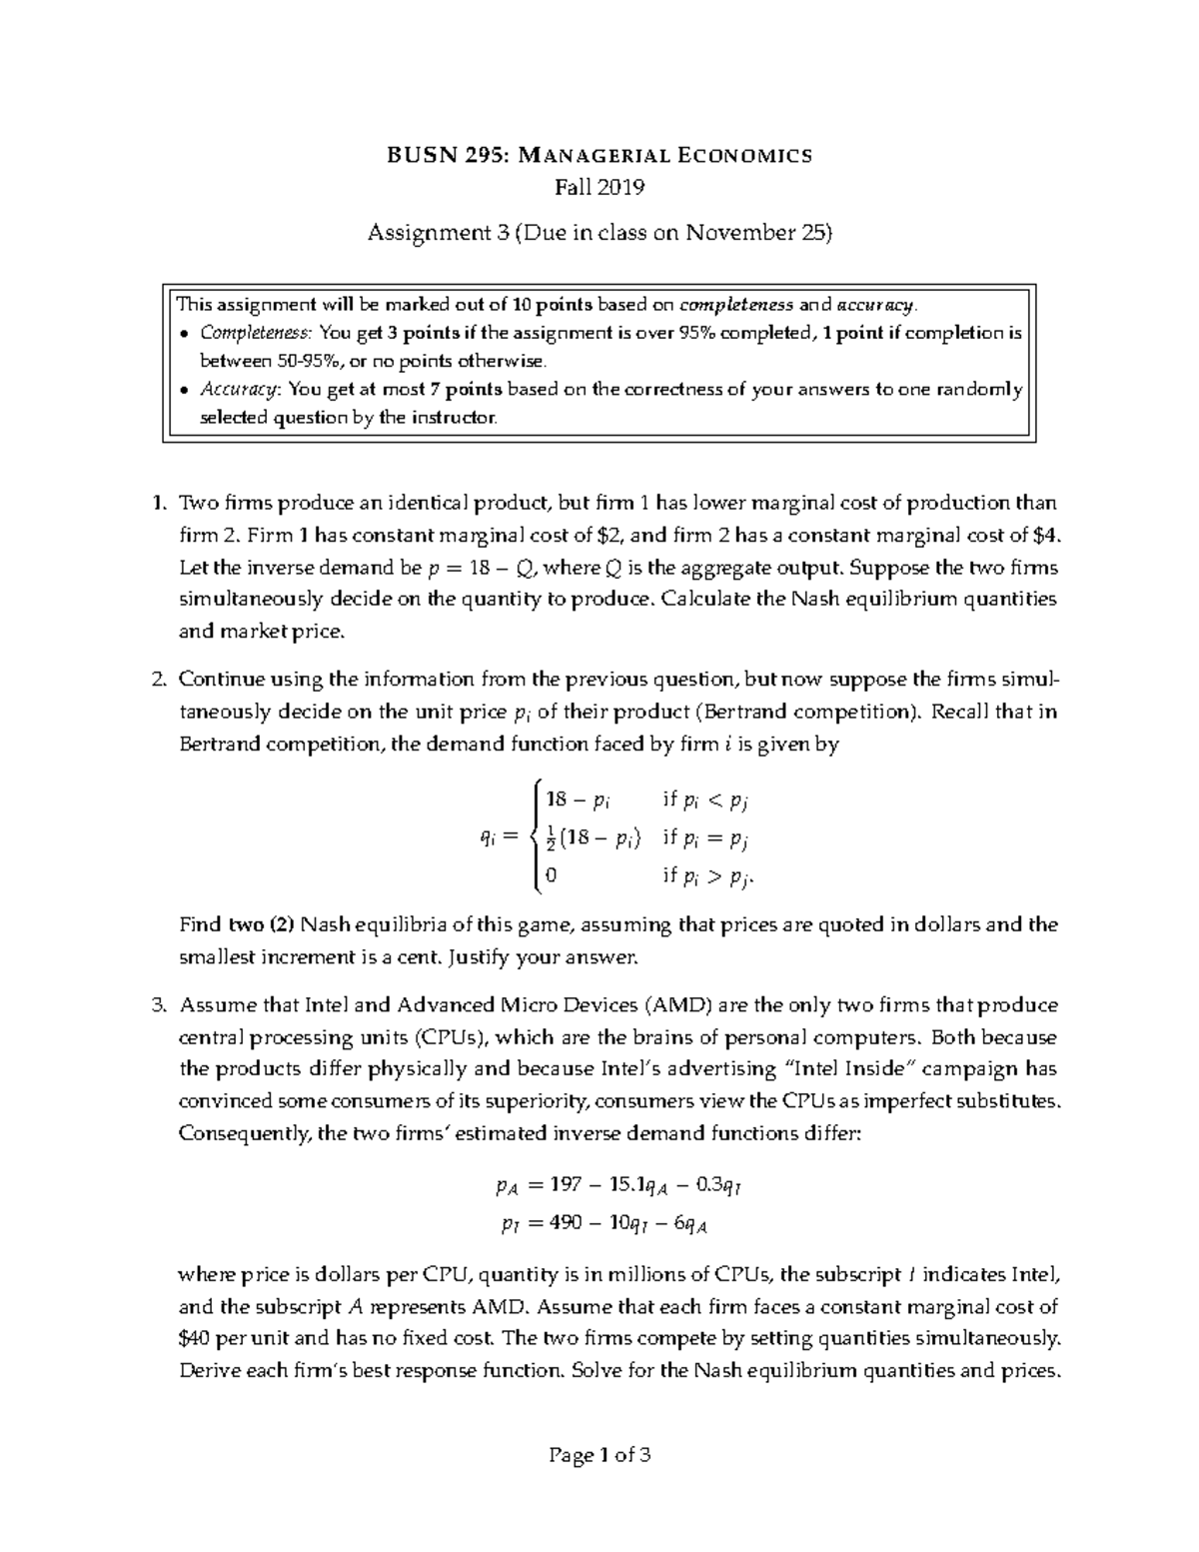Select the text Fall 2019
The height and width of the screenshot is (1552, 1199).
coord(599,187)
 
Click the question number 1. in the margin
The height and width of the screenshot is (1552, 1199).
coord(157,503)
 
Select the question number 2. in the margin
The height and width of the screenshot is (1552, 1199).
coord(157,680)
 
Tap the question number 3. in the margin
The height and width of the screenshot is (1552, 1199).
coord(157,1004)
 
